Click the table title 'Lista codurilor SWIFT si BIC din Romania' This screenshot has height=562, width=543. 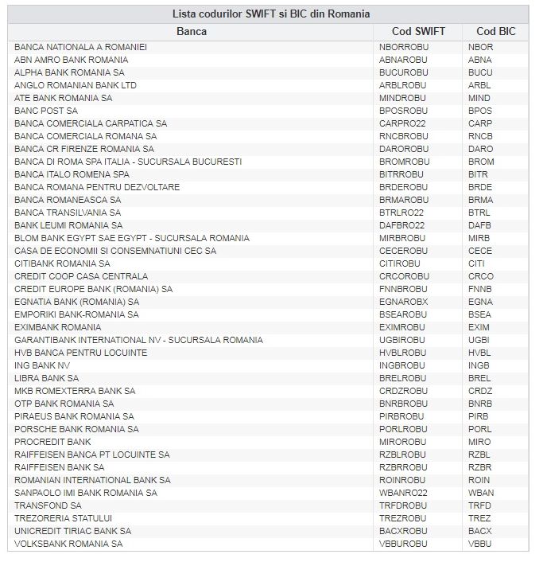[271, 14]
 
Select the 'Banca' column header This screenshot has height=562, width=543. [191, 31]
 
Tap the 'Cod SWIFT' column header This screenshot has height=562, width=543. [418, 31]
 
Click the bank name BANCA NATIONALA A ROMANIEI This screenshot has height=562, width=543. [80, 47]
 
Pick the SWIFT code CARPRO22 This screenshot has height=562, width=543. [402, 123]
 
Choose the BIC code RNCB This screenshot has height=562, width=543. [480, 136]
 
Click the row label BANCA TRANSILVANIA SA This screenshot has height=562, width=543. [68, 213]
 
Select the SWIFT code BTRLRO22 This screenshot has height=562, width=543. [402, 213]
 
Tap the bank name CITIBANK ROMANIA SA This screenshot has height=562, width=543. [62, 263]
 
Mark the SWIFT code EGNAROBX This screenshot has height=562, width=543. [404, 302]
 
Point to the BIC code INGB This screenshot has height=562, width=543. [480, 365]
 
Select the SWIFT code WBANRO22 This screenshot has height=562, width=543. [404, 493]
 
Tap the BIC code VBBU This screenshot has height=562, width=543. [480, 544]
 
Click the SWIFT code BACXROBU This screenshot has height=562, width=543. [404, 531]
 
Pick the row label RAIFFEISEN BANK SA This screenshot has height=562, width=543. [59, 467]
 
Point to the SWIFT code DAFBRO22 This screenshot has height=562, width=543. [402, 225]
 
